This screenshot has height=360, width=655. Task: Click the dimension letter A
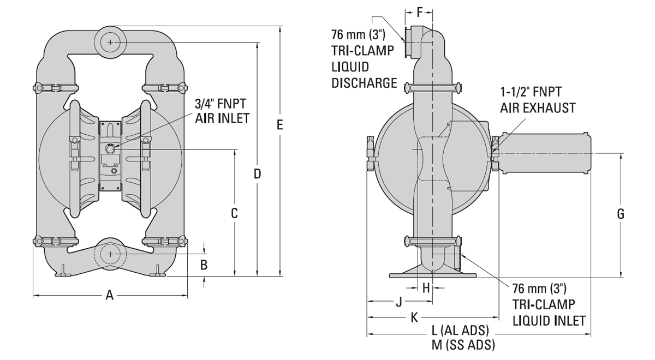[x=109, y=296]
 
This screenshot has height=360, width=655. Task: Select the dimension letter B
[x=204, y=265]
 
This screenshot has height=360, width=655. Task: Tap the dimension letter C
[x=234, y=213]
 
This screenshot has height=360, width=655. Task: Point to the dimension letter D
[x=258, y=174]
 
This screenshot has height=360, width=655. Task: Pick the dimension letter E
[x=279, y=125]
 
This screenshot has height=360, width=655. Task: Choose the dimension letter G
[x=621, y=214]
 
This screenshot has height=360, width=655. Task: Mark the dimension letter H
[x=426, y=288]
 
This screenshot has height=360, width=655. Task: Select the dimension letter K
[x=415, y=317]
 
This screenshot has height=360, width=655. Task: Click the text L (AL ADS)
[x=460, y=332]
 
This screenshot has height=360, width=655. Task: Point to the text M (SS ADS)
[x=463, y=345]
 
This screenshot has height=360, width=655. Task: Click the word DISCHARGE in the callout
[x=364, y=83]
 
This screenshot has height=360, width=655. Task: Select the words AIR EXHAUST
[x=538, y=108]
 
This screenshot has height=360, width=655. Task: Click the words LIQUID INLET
[x=550, y=320]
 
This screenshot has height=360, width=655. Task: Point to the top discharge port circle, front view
[x=111, y=42]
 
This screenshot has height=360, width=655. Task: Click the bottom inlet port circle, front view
[x=111, y=254]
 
